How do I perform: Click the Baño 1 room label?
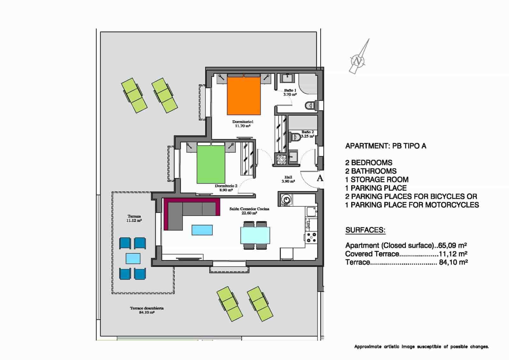click(x=290, y=92)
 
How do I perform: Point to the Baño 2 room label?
click(x=307, y=134)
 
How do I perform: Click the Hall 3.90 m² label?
click(x=288, y=179)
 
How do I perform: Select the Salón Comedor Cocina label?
click(x=249, y=211)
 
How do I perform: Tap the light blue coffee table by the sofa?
click(x=202, y=230)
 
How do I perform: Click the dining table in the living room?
click(x=255, y=235)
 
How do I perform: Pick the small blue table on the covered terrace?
click(x=133, y=258)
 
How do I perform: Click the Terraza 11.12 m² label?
click(x=134, y=218)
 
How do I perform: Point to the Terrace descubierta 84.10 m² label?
click(x=147, y=310)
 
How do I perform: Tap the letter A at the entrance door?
click(x=320, y=178)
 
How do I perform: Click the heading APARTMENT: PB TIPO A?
click(x=386, y=146)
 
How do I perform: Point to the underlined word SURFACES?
click(x=365, y=230)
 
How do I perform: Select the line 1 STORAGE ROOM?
click(x=377, y=179)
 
